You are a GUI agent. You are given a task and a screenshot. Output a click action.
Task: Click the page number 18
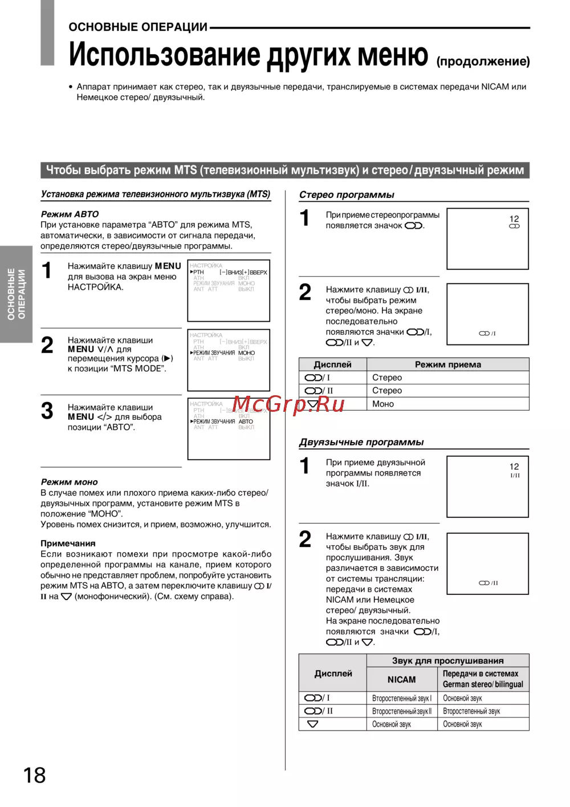pyautogui.click(x=34, y=775)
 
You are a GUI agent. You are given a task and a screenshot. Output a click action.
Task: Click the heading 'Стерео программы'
pyautogui.click(x=347, y=194)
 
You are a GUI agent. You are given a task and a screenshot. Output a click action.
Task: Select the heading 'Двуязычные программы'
pyautogui.click(x=361, y=442)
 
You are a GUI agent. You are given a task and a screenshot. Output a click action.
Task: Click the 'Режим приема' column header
pyautogui.click(x=447, y=364)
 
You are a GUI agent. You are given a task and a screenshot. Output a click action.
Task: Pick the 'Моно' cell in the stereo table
pyautogui.click(x=383, y=404)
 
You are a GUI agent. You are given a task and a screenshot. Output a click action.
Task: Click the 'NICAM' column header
pyautogui.click(x=401, y=679)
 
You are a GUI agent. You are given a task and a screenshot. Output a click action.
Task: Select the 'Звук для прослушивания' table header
pyautogui.click(x=447, y=660)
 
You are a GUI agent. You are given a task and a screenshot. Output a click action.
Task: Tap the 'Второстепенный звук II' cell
pyautogui.click(x=402, y=711)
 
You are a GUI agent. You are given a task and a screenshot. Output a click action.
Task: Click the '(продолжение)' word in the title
pyautogui.click(x=483, y=62)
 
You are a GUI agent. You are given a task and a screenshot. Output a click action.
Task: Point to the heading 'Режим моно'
pyautogui.click(x=69, y=482)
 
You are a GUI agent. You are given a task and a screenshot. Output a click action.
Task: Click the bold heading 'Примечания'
pyautogui.click(x=68, y=544)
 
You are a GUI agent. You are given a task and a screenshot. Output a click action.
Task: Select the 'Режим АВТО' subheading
pyautogui.click(x=70, y=214)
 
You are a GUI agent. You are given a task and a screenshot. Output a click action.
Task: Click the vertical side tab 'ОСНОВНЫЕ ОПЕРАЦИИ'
pyautogui.click(x=16, y=294)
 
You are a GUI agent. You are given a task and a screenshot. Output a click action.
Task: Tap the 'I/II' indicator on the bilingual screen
pyautogui.click(x=515, y=475)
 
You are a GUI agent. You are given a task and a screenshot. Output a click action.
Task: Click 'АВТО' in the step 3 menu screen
pyautogui.click(x=246, y=421)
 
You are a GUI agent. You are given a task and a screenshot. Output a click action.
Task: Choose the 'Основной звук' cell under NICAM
pyautogui.click(x=392, y=724)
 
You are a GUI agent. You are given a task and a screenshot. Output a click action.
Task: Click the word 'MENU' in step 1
pyautogui.click(x=168, y=266)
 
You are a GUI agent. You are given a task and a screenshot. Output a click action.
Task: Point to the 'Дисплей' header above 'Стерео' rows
pyautogui.click(x=332, y=364)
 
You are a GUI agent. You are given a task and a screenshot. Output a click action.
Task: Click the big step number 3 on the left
pyautogui.click(x=47, y=411)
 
